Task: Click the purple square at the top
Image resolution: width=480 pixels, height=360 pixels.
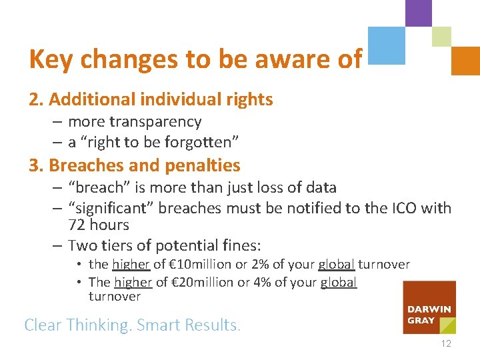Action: pyautogui.click(x=418, y=12)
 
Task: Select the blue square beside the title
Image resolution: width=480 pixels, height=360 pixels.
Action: pyautogui.click(x=387, y=45)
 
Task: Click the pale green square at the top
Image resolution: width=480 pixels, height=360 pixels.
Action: pyautogui.click(x=441, y=36)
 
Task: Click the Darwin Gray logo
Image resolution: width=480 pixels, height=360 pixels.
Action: pyautogui.click(x=429, y=307)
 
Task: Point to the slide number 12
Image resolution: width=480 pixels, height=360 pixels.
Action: pyautogui.click(x=445, y=343)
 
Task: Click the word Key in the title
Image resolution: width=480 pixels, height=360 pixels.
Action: pyautogui.click(x=51, y=59)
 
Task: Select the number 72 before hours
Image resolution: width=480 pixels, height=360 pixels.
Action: pyautogui.click(x=77, y=225)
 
